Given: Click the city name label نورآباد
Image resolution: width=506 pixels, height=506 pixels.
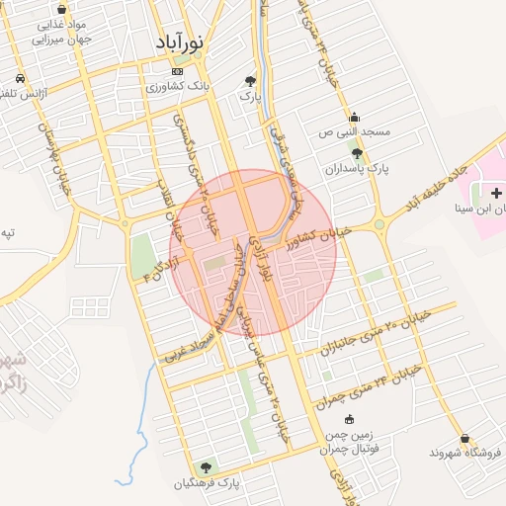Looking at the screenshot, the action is (x=179, y=43).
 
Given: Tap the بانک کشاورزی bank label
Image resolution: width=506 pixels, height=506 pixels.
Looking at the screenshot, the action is (x=178, y=87).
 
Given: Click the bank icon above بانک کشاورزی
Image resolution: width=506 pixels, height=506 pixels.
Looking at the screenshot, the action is (x=178, y=71).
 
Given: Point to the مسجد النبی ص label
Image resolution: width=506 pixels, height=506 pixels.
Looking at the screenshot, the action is (x=355, y=131).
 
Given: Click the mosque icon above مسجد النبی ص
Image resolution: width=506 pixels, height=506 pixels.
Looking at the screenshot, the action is (x=355, y=117).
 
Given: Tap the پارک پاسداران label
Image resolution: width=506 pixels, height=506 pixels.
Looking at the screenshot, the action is (x=357, y=169).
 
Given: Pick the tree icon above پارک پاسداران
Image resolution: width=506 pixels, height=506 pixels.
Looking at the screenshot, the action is (x=357, y=153).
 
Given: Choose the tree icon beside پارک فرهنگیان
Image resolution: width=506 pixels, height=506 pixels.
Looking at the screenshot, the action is (x=206, y=466).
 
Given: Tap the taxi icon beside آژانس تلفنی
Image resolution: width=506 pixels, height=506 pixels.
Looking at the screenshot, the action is (x=20, y=78).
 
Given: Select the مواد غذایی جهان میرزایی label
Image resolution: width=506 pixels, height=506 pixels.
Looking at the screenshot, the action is (x=62, y=32).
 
